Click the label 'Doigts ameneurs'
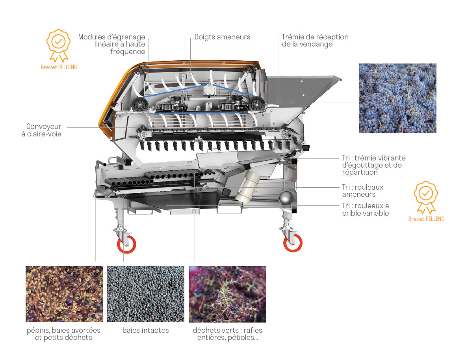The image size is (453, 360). pos(222,37)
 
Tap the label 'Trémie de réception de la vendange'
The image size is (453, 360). pos(315,41)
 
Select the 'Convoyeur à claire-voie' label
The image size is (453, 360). pos(42,130)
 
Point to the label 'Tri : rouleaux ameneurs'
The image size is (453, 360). pos(363,191)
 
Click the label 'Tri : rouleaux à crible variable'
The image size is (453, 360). pos(366,209)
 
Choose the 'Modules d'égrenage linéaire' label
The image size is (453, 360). pos(112,44)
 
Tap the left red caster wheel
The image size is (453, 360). pos(126,244)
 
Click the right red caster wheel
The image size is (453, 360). pos(293,243)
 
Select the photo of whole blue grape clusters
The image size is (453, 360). pos(397,98)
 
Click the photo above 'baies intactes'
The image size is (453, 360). pos(146,294)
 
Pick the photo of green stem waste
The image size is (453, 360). pos(228,294)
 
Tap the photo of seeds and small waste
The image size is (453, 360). pos(64,294)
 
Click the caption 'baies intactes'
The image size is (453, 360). pos(146,330)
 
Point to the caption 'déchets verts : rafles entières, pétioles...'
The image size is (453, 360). pos(228,334)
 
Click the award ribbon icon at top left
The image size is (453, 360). pos(59,45)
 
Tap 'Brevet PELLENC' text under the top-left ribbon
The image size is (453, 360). pos(59,67)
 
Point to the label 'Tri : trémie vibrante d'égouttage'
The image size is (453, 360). pos(374,165)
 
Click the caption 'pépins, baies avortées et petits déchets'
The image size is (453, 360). pos(63,334)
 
